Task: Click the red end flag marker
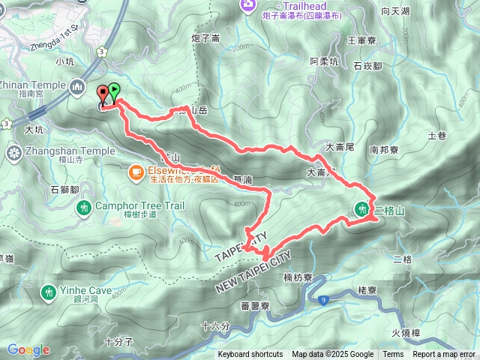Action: pos(103,94)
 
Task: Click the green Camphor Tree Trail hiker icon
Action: pos(84,206)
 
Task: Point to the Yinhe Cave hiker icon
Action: pos(49,291)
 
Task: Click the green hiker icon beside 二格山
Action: pos(364,209)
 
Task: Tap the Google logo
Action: pos(28,349)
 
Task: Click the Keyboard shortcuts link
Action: pos(250,355)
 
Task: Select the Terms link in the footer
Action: pos(393,355)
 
